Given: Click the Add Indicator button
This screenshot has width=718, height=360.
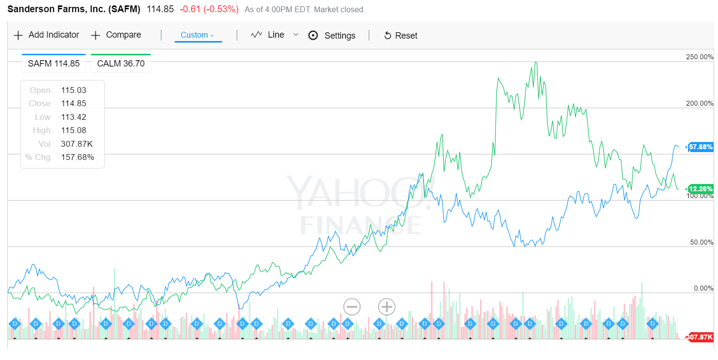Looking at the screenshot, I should [x=46, y=35].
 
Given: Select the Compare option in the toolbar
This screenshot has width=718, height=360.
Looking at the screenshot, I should [x=116, y=35].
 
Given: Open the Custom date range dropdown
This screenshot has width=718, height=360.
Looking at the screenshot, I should [x=198, y=35].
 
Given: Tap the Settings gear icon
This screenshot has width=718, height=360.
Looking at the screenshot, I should [x=313, y=36].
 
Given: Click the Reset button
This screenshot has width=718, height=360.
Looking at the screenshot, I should [x=401, y=36].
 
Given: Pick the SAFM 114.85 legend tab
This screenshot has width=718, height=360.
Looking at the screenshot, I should [x=54, y=64].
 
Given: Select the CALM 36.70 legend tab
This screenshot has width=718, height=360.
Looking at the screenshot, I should [x=121, y=64].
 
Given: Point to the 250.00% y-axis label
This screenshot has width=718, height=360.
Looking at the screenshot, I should [x=699, y=57].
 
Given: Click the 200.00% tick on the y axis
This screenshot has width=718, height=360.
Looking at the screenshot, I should [x=699, y=104].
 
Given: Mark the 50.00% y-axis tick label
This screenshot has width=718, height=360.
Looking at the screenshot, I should [x=701, y=243].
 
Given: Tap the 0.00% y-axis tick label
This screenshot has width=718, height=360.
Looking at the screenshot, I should [x=703, y=289].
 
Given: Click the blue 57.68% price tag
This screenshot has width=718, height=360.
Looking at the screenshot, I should [x=700, y=147].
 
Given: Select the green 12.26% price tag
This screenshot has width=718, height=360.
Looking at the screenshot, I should [x=700, y=189].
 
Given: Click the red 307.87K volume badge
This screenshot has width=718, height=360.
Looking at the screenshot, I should [x=700, y=337].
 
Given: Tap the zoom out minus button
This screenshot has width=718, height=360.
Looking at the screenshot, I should [x=352, y=307].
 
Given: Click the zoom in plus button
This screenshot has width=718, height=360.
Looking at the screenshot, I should [x=386, y=307].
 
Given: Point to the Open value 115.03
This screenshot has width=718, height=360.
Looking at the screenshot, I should [x=71, y=90].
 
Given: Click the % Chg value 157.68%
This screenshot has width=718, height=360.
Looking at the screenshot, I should [x=77, y=157].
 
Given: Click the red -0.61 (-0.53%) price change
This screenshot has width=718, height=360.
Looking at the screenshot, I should [x=209, y=9].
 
